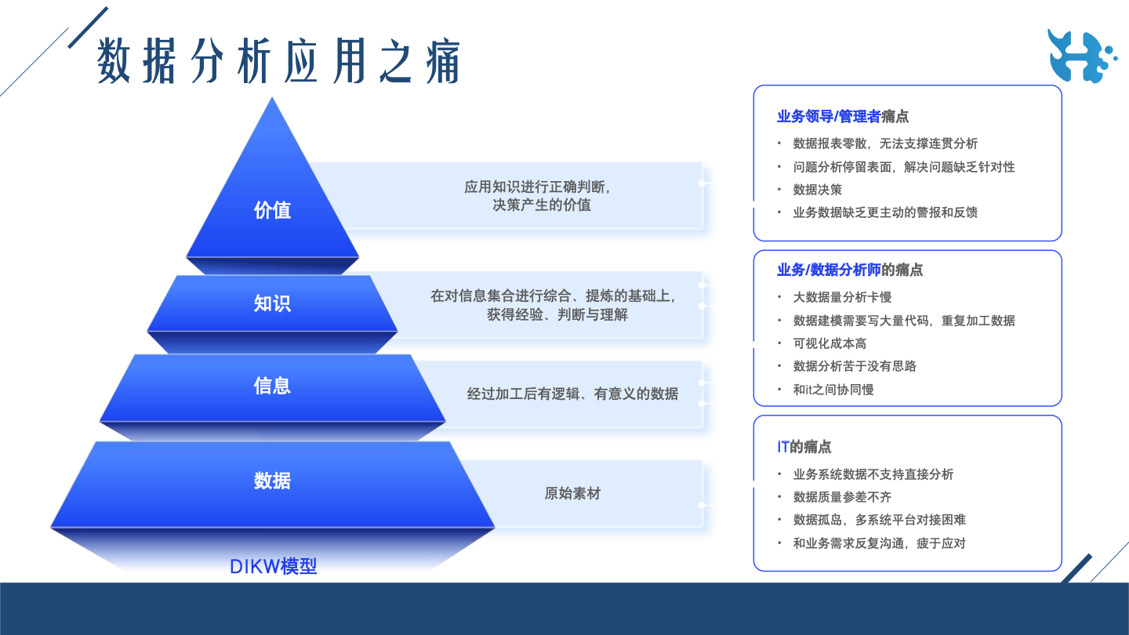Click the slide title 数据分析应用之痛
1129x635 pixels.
pos(278,60)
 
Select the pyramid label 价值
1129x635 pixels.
pos(272,210)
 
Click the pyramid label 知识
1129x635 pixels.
pos(272,303)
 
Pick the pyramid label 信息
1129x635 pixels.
pos(272,386)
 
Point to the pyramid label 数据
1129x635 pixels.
pos(272,481)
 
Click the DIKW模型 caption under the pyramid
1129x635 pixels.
pos(273,567)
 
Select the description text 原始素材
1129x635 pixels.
pos(572,493)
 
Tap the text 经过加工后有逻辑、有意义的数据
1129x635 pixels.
pos(572,394)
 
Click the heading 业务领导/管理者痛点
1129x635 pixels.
pos(843,116)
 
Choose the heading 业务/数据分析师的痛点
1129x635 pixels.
pos(850,270)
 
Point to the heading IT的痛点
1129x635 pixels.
pos(804,447)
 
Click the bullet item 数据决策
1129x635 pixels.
pos(818,190)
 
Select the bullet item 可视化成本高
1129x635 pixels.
pos(830,343)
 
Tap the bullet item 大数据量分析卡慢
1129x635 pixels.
pos(842,297)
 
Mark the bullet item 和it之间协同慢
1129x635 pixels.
pos(833,390)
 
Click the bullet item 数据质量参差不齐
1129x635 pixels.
pos(842,497)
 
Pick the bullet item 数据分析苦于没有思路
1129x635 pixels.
pos(855,366)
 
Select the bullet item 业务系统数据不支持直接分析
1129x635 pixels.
pos(873,474)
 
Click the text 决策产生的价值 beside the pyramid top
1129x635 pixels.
pos(542,205)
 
